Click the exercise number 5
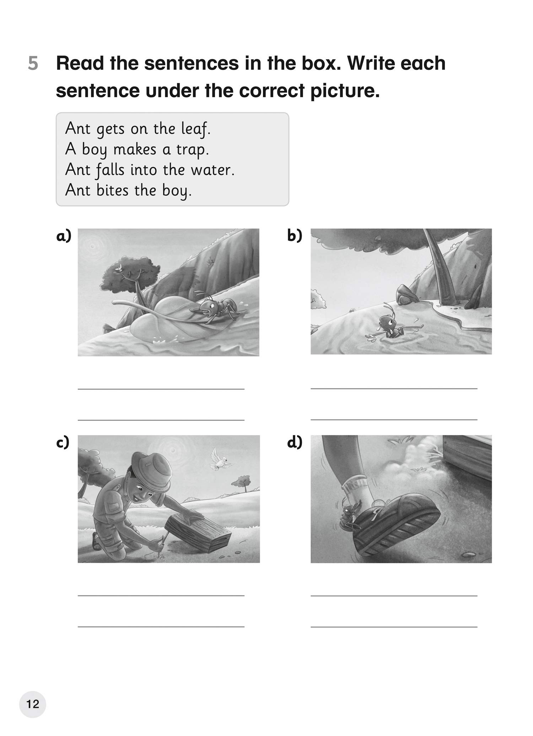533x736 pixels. [33, 64]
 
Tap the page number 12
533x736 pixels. [33, 704]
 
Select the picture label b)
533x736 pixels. [295, 235]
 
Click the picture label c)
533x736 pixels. [63, 443]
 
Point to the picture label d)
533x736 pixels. [295, 442]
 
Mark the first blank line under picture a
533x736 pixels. [161, 389]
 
